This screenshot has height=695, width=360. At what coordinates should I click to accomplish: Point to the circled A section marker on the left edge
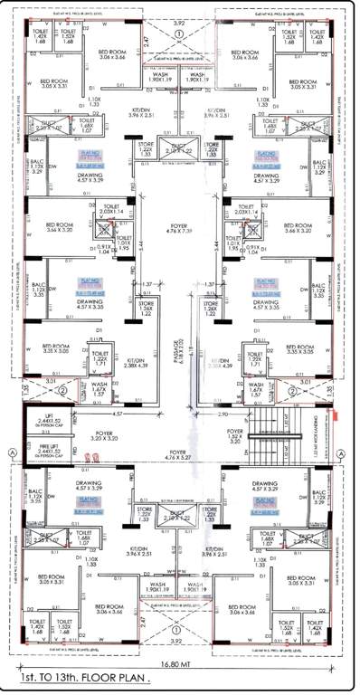coord(10,451)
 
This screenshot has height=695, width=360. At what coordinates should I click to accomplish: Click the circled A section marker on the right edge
coord(348,451)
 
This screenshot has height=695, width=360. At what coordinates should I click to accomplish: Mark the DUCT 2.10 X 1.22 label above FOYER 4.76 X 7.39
coord(180,146)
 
